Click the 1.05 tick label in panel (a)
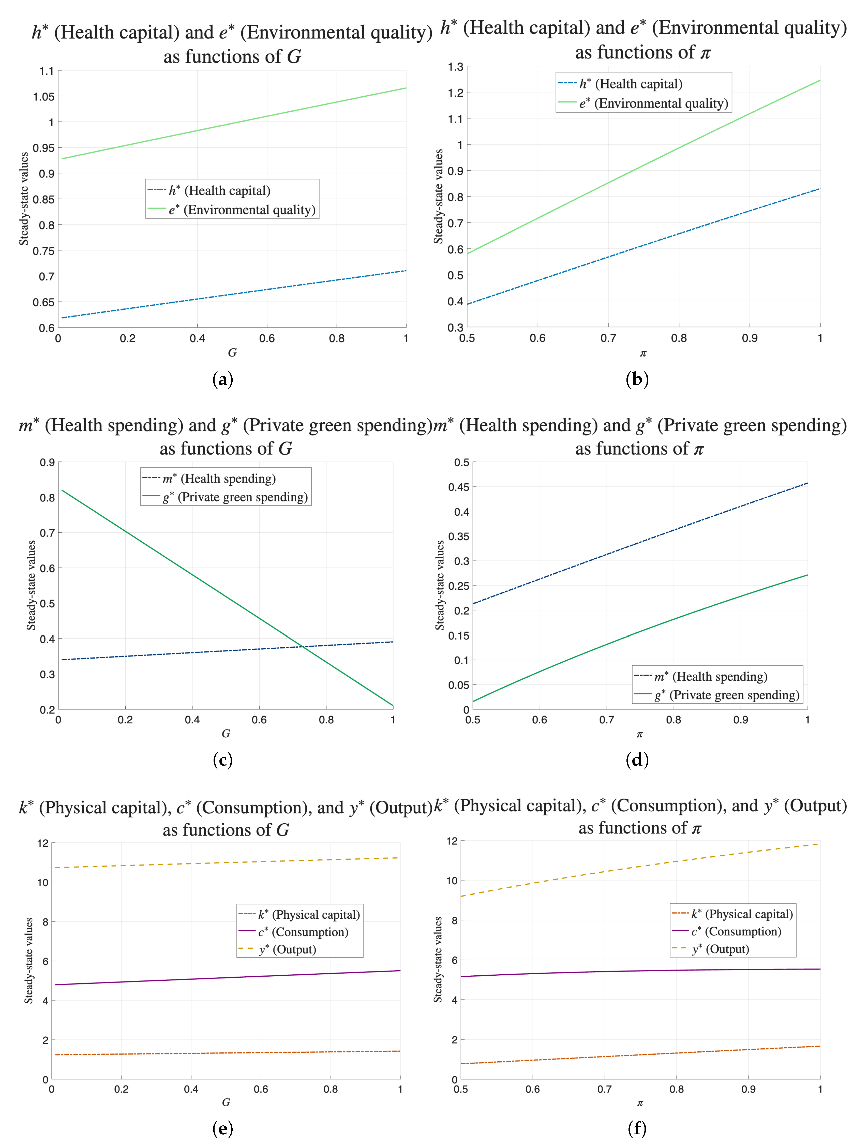coord(43,97)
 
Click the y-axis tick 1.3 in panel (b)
coord(455,67)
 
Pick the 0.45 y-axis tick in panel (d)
coord(458,487)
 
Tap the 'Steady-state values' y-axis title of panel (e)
coord(29,961)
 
